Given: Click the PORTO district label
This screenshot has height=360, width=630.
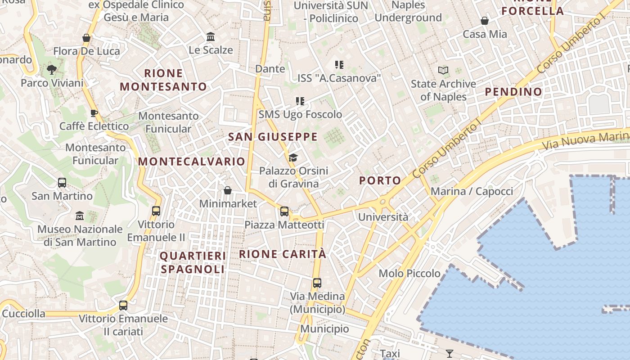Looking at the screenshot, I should [x=380, y=181].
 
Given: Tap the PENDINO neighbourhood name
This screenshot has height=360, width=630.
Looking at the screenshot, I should [x=513, y=92].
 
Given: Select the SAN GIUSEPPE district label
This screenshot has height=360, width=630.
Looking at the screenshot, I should [x=273, y=137].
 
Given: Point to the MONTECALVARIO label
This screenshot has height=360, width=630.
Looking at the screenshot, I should [x=192, y=162].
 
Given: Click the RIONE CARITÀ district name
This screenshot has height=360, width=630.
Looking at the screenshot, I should [x=283, y=254].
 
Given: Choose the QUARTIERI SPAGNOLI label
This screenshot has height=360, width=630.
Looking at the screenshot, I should [x=193, y=262].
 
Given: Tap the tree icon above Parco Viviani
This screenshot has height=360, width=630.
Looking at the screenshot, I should [x=52, y=70].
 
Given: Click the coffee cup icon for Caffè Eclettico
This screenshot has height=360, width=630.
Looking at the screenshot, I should [x=94, y=113].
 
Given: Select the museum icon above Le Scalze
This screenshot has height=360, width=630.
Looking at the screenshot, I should [x=211, y=36].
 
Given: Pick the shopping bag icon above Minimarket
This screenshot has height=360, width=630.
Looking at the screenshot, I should [x=228, y=190].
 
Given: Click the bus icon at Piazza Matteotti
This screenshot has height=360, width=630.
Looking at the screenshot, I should [x=284, y=211].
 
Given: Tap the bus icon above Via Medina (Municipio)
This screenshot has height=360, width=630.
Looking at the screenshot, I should [x=317, y=283].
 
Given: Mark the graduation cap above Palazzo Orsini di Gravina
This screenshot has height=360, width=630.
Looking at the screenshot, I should [x=293, y=157].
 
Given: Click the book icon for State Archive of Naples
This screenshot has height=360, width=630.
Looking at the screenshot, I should [x=443, y=71].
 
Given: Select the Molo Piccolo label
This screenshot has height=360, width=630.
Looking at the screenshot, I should [x=409, y=273].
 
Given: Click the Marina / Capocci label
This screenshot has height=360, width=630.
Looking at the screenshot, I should [x=472, y=191].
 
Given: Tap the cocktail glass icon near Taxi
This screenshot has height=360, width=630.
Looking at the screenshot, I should [x=449, y=353].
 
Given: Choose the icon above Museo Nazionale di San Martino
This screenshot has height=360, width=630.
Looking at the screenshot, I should [x=80, y=216].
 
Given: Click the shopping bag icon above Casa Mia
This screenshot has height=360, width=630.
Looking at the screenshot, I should [x=485, y=21].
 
